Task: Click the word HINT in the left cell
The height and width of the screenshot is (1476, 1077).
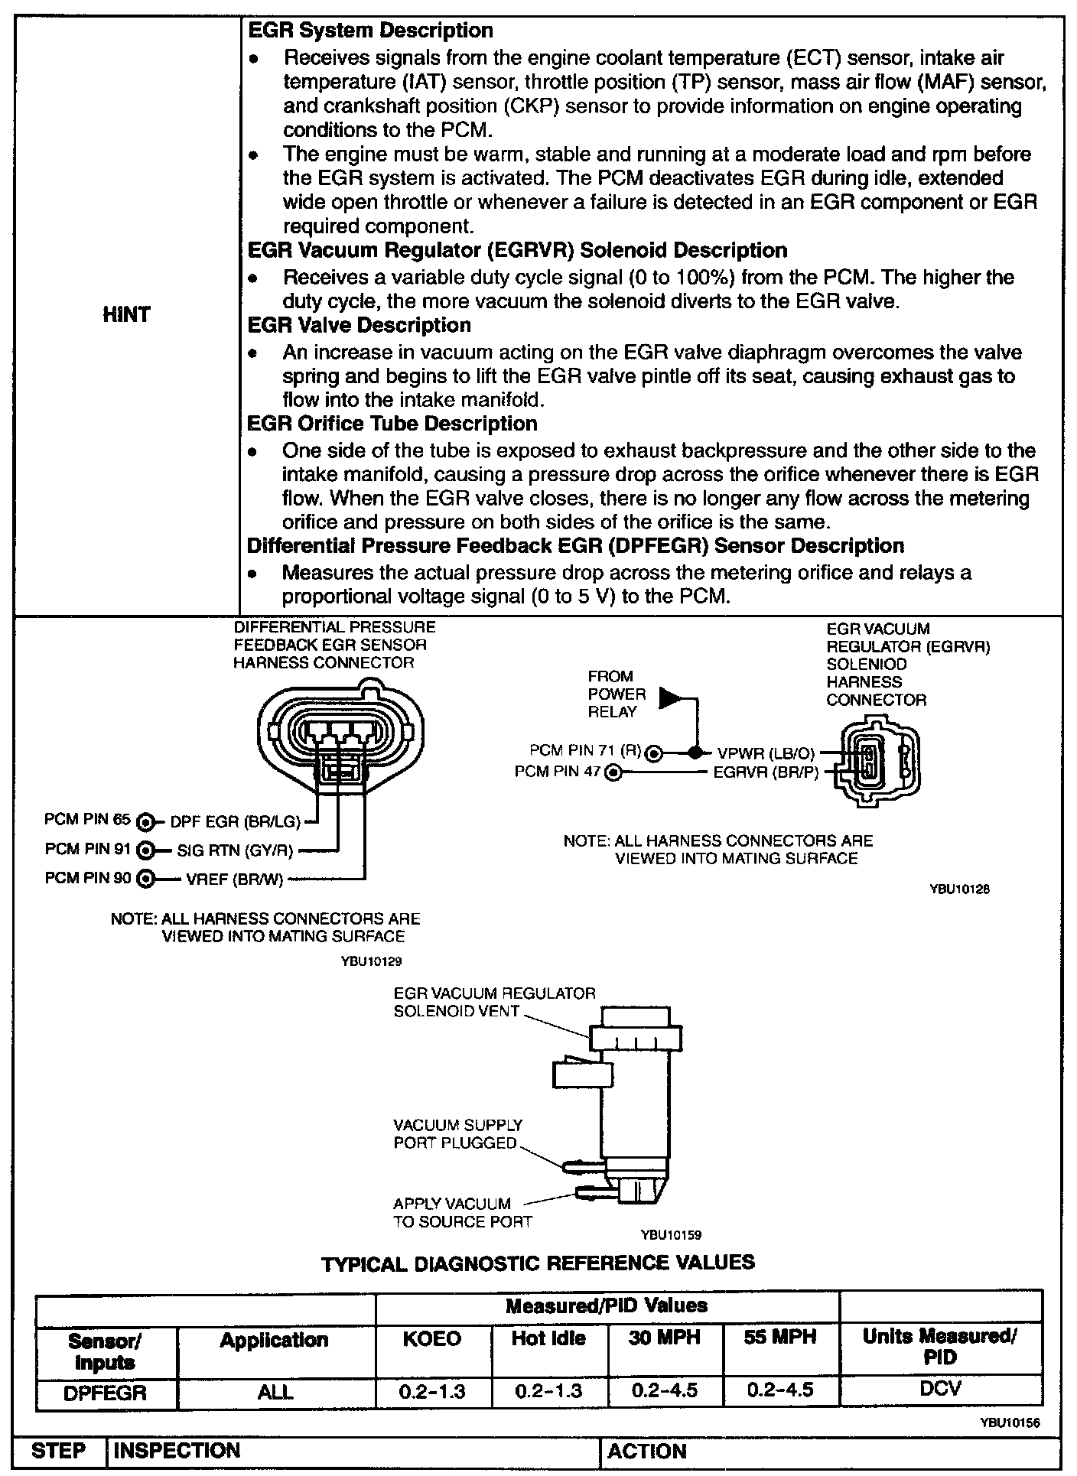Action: coord(126,314)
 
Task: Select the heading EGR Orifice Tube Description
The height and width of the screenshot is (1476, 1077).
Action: coord(392,424)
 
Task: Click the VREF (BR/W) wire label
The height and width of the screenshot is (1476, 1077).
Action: coord(235,879)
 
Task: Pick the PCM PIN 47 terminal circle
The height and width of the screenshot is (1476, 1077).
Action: coord(613,773)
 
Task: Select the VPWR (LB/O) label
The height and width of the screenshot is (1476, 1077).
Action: coord(766,753)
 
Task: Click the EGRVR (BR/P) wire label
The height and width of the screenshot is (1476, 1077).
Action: coord(766,773)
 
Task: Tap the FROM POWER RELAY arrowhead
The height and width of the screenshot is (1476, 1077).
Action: coord(670,697)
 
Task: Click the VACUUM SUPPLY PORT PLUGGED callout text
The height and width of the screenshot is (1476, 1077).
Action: coord(457,1134)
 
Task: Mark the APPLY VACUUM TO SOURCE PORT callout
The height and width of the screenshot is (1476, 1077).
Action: coord(462,1212)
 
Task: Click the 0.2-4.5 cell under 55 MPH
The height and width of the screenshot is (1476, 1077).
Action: coord(781,1390)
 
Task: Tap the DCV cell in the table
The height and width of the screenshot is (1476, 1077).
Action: coord(940,1388)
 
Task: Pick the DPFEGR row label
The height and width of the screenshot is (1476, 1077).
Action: coord(106,1391)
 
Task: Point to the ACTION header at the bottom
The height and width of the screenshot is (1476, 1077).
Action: coord(647,1451)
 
